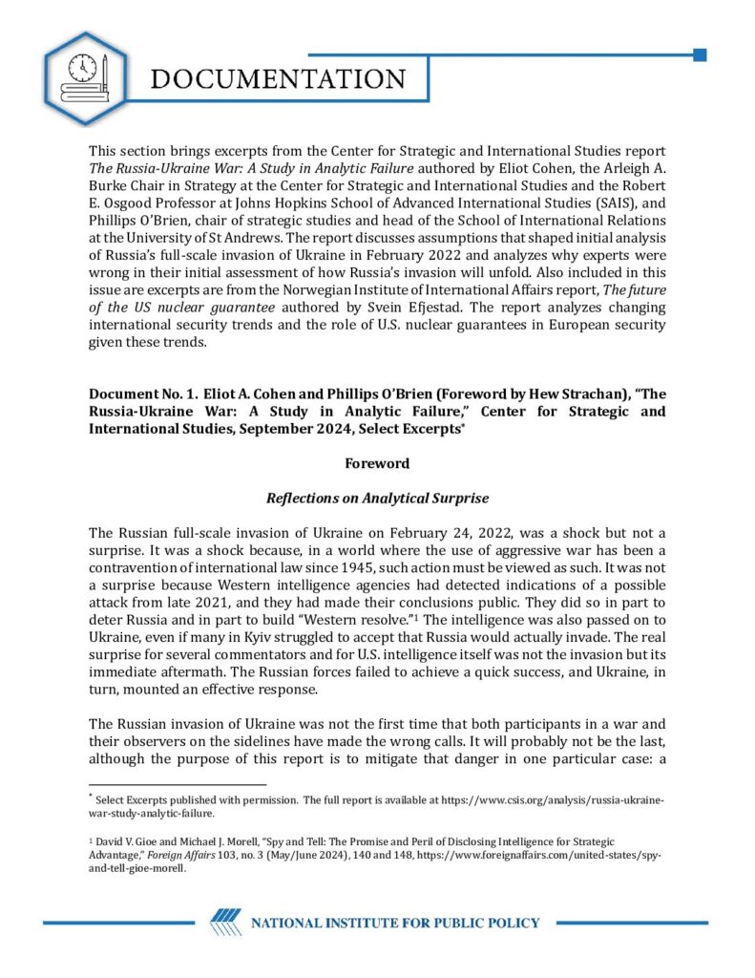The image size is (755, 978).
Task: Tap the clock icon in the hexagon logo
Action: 83,67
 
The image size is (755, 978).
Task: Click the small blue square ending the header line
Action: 700,54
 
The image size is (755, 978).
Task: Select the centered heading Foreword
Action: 377,463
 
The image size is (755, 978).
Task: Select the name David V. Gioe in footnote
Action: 127,841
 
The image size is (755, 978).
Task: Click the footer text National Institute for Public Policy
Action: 394,923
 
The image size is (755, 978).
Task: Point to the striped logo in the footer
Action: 225,922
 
